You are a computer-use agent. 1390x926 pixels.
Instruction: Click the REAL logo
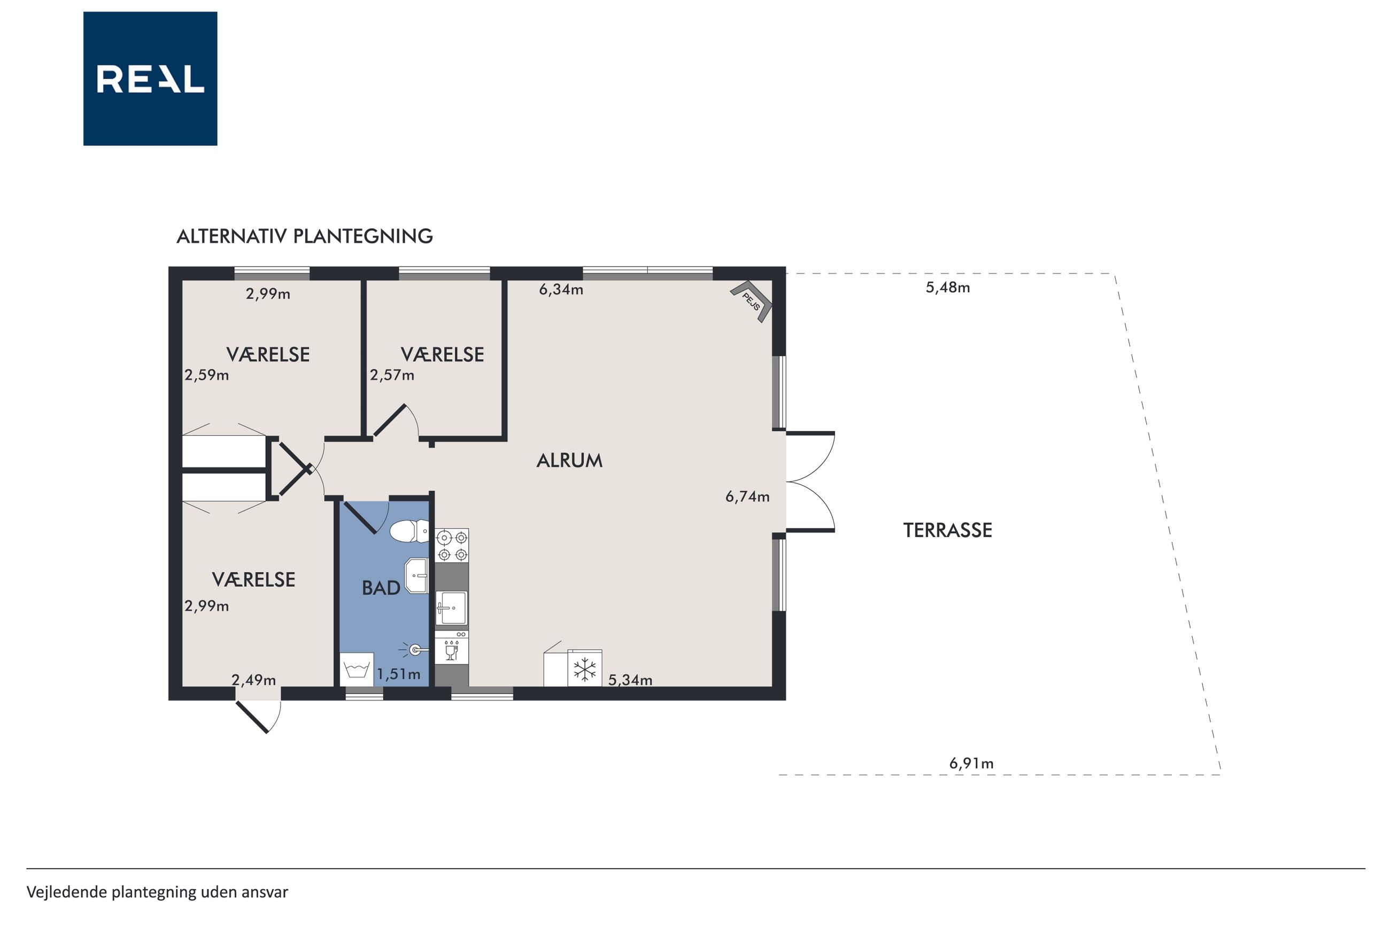pyautogui.click(x=150, y=79)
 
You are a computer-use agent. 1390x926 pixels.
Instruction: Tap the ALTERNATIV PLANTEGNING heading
pyautogui.click(x=305, y=236)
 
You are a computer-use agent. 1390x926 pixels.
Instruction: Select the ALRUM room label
pyautogui.click(x=569, y=461)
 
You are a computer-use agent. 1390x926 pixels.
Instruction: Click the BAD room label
pyautogui.click(x=381, y=588)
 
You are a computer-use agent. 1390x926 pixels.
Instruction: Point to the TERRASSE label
pyautogui.click(x=947, y=530)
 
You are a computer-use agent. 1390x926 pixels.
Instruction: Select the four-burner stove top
pyautogui.click(x=452, y=546)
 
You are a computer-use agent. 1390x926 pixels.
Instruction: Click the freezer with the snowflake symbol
pyautogui.click(x=585, y=668)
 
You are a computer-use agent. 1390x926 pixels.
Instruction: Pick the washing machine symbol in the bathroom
pyautogui.click(x=357, y=670)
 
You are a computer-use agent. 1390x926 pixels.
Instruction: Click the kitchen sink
pyautogui.click(x=451, y=608)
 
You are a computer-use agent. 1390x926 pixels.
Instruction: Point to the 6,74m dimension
pyautogui.click(x=747, y=496)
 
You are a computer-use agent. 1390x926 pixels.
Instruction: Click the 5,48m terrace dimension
pyautogui.click(x=947, y=287)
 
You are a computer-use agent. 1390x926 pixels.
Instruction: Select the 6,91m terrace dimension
pyautogui.click(x=971, y=764)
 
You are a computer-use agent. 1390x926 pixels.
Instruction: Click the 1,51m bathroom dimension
pyautogui.click(x=399, y=674)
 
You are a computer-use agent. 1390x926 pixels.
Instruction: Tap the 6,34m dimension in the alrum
pyautogui.click(x=561, y=290)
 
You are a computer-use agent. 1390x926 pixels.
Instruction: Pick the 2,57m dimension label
pyautogui.click(x=392, y=375)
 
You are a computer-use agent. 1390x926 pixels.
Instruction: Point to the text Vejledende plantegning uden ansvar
pyautogui.click(x=157, y=892)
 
